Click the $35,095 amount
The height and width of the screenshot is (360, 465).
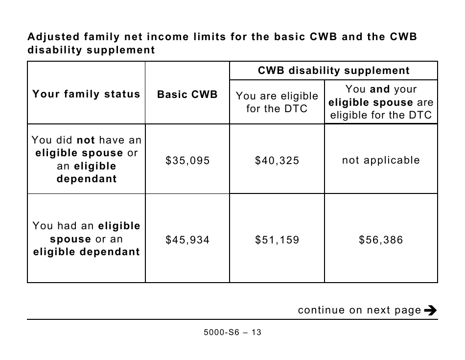(x=187, y=161)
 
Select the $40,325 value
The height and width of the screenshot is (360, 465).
(x=277, y=161)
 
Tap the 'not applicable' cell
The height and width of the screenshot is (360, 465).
(x=381, y=160)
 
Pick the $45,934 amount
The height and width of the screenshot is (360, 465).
(x=187, y=240)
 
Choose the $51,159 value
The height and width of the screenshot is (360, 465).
(x=277, y=240)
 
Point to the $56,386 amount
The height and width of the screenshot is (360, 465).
(x=381, y=240)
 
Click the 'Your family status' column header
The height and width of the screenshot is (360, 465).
(x=86, y=94)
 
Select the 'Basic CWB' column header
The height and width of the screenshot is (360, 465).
(x=187, y=95)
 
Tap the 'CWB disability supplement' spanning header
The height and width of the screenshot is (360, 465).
(x=334, y=71)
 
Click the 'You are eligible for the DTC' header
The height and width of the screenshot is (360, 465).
(x=277, y=102)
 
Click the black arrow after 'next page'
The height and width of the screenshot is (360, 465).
(x=430, y=310)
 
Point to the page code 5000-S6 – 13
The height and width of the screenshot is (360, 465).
(x=232, y=333)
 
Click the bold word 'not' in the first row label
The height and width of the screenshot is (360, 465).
(x=86, y=140)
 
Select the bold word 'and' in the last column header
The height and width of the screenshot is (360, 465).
(x=380, y=89)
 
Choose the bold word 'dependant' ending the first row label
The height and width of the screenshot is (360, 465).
(x=87, y=179)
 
